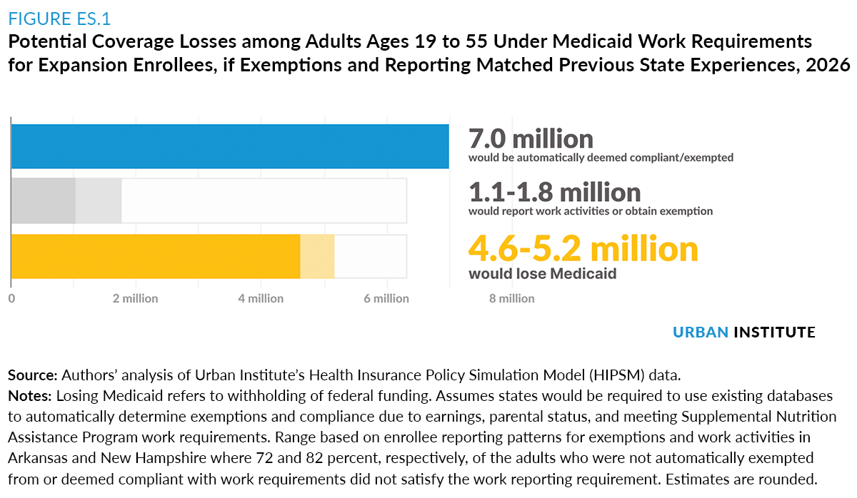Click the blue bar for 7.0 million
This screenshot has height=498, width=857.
tap(230, 146)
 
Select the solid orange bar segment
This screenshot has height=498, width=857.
tap(156, 256)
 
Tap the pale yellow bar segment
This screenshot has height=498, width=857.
tap(317, 256)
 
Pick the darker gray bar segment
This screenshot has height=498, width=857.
tap(44, 200)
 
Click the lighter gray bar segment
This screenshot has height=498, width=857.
tap(99, 200)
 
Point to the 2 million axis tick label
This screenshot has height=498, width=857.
tap(135, 298)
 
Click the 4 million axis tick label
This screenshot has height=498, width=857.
tap(261, 298)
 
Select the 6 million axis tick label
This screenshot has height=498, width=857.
tap(386, 298)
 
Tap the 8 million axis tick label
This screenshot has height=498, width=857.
tap(511, 298)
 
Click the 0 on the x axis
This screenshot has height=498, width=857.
tap(11, 298)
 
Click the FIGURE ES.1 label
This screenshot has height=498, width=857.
tap(59, 19)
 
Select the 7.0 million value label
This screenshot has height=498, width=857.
tap(531, 138)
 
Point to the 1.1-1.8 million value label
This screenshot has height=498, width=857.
tap(554, 192)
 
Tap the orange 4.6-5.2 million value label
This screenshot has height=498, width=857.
tap(583, 248)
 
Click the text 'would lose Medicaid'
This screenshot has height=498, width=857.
tap(543, 274)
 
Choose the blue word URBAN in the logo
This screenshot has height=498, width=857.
tap(700, 332)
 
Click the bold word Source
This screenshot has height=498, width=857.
tap(33, 375)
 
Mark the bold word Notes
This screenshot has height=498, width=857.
tap(29, 395)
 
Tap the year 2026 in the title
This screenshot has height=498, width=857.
tap(828, 65)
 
